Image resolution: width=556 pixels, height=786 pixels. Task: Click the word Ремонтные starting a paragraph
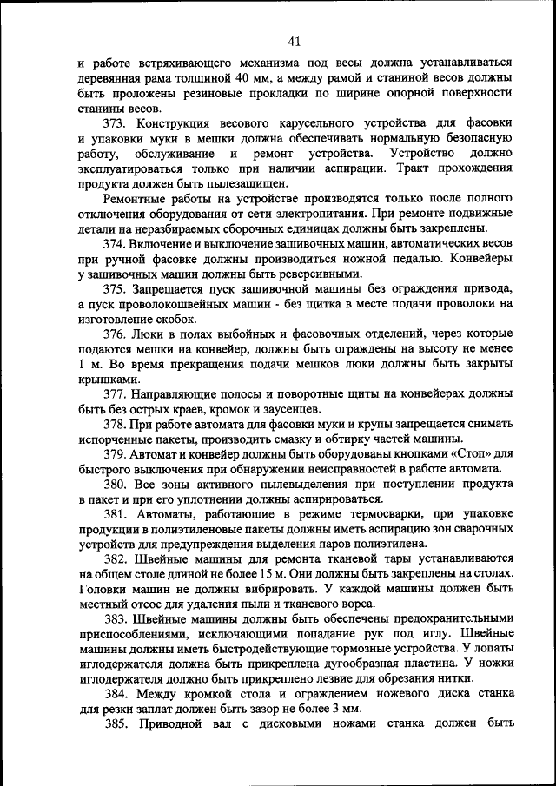click(138, 198)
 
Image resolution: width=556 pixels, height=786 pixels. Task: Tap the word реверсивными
click(311, 273)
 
